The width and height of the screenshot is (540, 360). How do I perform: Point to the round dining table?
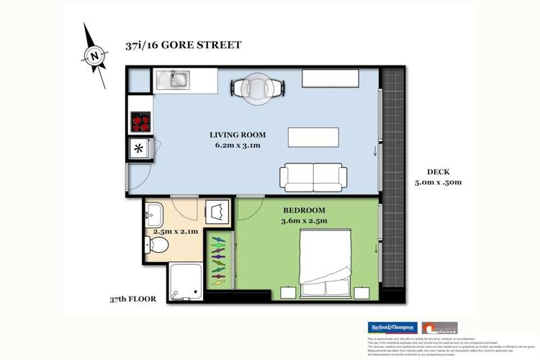(258, 86)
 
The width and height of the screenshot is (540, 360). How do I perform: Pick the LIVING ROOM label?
(238, 135)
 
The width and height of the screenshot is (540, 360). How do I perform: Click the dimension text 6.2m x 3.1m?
(238, 145)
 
